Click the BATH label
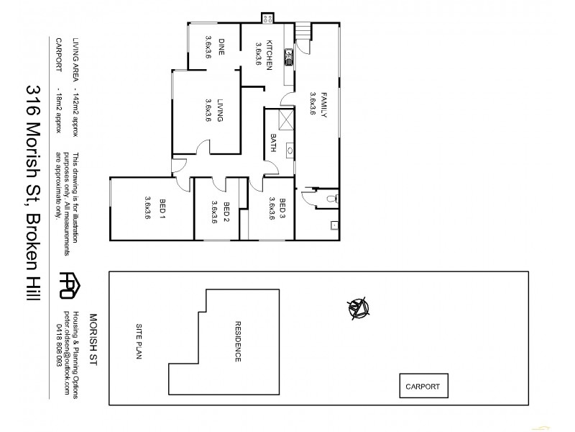274,144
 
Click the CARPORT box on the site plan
423,386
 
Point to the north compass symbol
359,307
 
